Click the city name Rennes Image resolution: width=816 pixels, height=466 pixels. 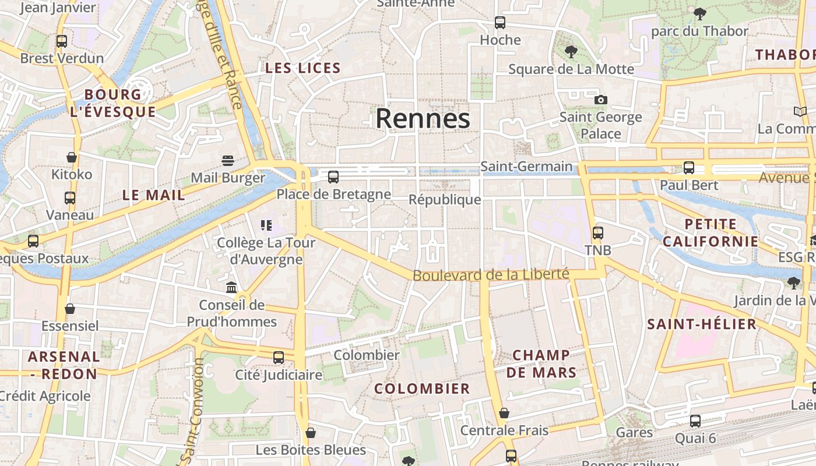[x=423, y=119]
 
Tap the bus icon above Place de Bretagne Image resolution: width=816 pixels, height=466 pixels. [x=333, y=176]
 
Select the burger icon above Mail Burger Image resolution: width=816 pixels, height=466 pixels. [x=228, y=160]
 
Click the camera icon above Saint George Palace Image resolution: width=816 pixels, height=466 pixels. [x=601, y=100]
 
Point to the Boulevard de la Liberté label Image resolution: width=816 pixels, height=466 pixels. [x=491, y=274]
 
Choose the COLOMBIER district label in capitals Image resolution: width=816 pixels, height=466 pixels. [x=422, y=389]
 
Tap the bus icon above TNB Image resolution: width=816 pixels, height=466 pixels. [x=598, y=233]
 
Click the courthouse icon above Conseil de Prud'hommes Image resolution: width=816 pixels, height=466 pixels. [x=231, y=287]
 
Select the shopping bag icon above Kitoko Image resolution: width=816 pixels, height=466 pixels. [x=72, y=157]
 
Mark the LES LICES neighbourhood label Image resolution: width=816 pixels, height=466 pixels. [x=303, y=68]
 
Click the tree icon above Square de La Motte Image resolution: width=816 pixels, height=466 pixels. [x=571, y=52]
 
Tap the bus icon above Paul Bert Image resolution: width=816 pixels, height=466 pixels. [x=689, y=168]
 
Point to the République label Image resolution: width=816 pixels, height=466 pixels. [x=445, y=200]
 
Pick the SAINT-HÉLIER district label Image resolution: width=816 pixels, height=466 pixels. [x=702, y=324]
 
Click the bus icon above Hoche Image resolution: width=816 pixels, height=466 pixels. [x=500, y=23]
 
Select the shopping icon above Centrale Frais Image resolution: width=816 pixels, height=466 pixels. [x=504, y=413]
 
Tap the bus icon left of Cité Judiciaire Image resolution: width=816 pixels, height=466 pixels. [x=279, y=357]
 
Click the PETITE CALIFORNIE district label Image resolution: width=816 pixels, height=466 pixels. [x=711, y=232]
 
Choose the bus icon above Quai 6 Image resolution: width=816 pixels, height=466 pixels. [x=695, y=421]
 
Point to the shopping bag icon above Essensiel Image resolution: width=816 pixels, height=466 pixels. [x=70, y=309]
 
